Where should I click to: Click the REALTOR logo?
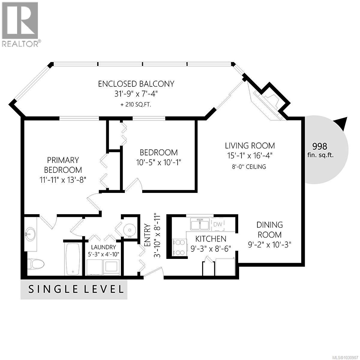coord(20,24)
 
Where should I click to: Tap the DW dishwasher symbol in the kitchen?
coord(218,224)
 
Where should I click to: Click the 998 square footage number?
coord(319,146)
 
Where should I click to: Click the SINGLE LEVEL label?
coord(76,289)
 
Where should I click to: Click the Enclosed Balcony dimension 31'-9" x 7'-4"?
coord(136,94)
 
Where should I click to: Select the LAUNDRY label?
coord(103,247)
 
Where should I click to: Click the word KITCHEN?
coord(211,239)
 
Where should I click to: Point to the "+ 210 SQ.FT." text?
coord(136,105)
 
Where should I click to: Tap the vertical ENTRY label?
coord(147,235)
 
